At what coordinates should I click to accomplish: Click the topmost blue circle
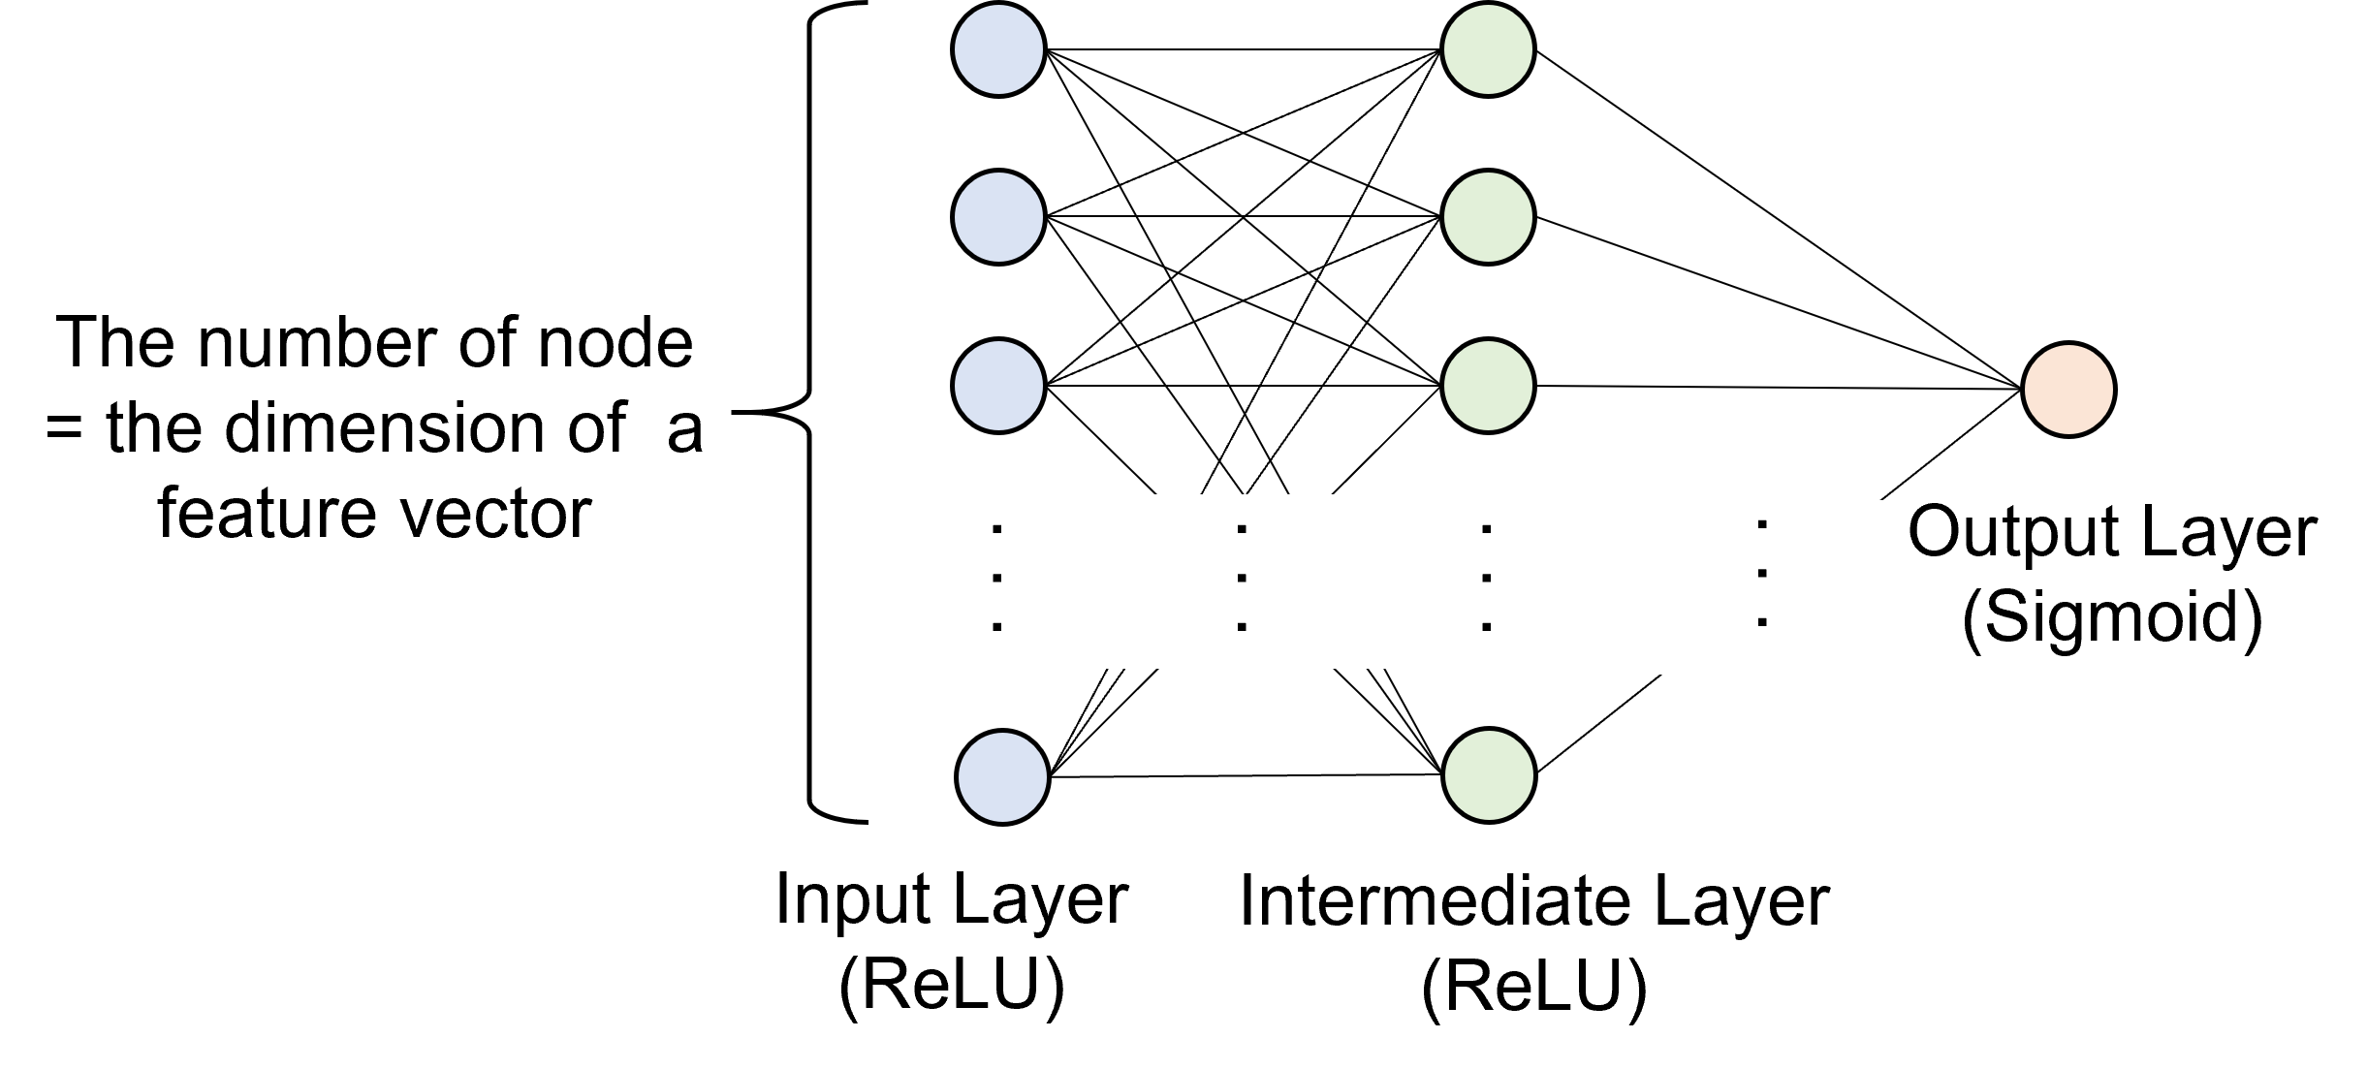tap(998, 49)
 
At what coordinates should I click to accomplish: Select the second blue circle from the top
tap(998, 217)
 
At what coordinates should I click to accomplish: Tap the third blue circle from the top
tap(998, 386)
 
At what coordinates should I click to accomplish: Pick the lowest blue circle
tap(1002, 777)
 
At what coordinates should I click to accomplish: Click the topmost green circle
tap(1488, 49)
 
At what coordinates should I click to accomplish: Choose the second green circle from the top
tap(1488, 217)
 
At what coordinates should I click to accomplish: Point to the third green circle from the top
tap(1488, 386)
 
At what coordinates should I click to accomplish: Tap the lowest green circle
tap(1489, 775)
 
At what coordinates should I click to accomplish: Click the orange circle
tap(2068, 390)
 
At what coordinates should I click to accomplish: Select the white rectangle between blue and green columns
tap(1230, 582)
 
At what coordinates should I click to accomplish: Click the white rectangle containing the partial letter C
tap(1752, 587)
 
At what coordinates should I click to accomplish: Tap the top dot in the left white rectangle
tap(1242, 529)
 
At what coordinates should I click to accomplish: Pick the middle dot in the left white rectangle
tap(1242, 579)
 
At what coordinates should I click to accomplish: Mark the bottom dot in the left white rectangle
tap(1242, 628)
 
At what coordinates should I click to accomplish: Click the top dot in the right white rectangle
tap(1762, 524)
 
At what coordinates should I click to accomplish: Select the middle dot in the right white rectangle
tap(1762, 574)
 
